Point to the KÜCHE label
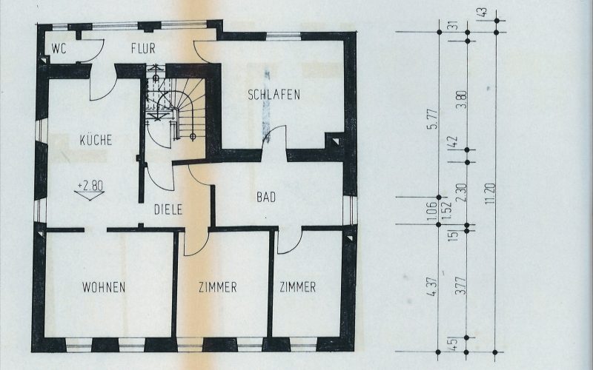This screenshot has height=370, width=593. coord(96,139)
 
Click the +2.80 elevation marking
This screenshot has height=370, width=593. coord(90,186)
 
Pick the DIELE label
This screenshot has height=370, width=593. coord(169,209)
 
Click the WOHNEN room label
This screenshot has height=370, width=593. coord(104,287)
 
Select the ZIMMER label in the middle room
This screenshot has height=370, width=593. coord(217,287)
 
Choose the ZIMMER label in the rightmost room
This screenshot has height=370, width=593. coord(297,287)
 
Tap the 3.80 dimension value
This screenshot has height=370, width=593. coord(461,100)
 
